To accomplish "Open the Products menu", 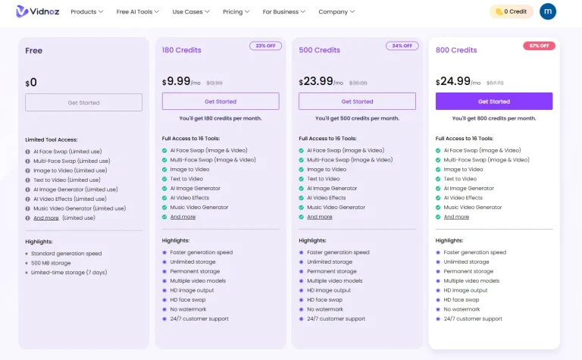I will [87, 12].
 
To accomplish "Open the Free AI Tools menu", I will [137, 12].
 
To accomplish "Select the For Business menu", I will [283, 12].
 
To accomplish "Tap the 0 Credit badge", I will [512, 12].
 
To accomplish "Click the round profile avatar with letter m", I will [547, 11].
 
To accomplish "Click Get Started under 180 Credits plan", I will [221, 102].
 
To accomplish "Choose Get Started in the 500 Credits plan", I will [357, 102].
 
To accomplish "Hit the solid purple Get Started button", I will [494, 102].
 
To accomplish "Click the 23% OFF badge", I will [265, 46].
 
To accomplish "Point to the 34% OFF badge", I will [402, 46].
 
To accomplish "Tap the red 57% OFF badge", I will [539, 46].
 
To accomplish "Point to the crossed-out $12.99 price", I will [214, 83].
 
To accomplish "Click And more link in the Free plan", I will [45, 218].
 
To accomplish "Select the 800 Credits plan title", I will [456, 51].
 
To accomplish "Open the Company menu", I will [336, 12].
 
